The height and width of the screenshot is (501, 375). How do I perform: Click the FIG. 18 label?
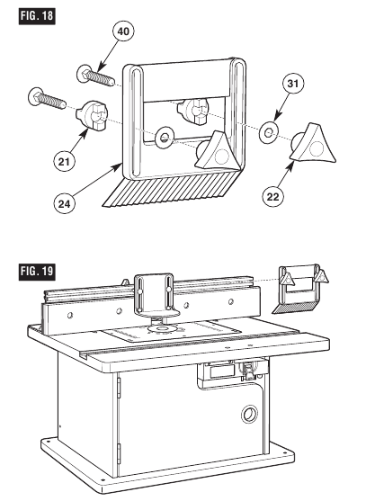pyautogui.click(x=37, y=16)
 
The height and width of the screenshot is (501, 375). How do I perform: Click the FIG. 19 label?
pyautogui.click(x=37, y=272)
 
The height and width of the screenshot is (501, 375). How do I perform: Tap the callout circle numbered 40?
pyautogui.click(x=123, y=31)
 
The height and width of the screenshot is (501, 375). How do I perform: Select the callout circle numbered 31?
pyautogui.click(x=293, y=84)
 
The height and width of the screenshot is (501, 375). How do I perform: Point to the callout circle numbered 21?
pyautogui.click(x=64, y=162)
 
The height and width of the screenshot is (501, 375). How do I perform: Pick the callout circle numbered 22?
pyautogui.click(x=272, y=196)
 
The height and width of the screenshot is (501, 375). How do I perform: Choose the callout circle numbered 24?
pyautogui.click(x=64, y=203)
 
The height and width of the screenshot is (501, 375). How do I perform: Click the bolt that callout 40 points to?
pyautogui.click(x=95, y=76)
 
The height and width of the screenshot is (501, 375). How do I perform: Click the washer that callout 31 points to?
pyautogui.click(x=269, y=131)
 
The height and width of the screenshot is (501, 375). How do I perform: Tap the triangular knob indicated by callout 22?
pyautogui.click(x=312, y=144)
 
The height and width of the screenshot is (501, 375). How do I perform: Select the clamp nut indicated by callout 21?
pyautogui.click(x=92, y=116)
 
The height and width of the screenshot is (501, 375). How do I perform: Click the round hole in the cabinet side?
pyautogui.click(x=249, y=414)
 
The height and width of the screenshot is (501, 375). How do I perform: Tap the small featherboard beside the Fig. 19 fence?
pyautogui.click(x=300, y=289)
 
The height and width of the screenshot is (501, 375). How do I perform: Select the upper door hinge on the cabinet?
pyautogui.click(x=119, y=388)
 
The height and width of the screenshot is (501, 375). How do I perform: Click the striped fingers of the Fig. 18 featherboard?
pyautogui.click(x=169, y=189)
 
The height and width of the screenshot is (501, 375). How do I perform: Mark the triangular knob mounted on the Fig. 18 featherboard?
pyautogui.click(x=216, y=150)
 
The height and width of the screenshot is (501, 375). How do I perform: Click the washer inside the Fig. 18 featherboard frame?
pyautogui.click(x=165, y=137)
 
